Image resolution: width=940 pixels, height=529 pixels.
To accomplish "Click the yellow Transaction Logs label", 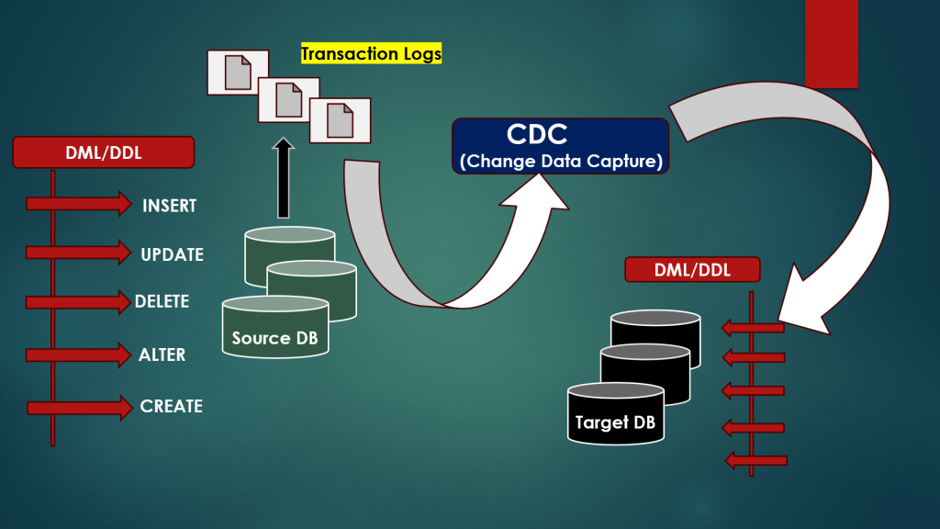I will pos(371,54).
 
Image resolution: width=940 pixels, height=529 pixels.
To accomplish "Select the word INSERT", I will pos(169,206).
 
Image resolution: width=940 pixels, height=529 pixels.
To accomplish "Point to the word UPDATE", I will pos(172,254).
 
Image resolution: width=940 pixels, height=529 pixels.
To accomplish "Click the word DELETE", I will pos(162,301).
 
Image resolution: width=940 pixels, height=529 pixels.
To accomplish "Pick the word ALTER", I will pos(162,355).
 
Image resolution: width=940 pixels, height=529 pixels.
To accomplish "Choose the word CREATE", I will pos(171,406).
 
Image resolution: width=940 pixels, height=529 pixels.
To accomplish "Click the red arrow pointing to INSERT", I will pos(79,204).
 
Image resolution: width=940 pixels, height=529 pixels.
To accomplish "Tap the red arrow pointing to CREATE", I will pos(80,408).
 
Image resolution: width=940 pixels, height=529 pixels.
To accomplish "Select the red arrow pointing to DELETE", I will pos(79,301).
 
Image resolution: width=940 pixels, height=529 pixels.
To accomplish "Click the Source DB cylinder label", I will pos(274,338).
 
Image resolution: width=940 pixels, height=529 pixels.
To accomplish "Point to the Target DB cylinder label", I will pos(615,422).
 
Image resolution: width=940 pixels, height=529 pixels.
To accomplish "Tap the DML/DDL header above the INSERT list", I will pos(103,152).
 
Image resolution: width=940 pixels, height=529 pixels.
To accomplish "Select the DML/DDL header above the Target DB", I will pos(692,269).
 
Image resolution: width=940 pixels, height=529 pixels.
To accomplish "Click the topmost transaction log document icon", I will pos(238,72).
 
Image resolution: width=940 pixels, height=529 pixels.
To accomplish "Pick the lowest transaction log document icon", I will pos(340,120).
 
